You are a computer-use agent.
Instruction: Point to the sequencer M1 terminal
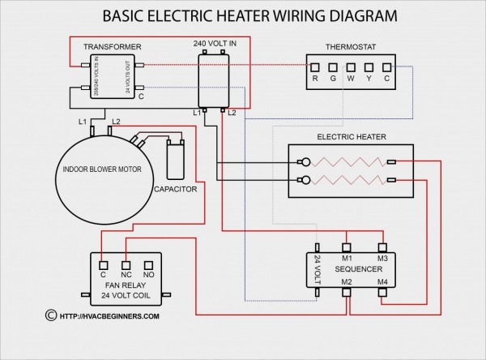pos(346,246)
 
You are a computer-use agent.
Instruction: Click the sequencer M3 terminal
pos(382,246)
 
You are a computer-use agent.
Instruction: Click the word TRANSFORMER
pos(112,47)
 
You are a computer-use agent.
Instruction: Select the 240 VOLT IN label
pos(215,41)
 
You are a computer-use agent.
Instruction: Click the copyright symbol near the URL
pos(52,315)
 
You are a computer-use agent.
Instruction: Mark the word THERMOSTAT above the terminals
pos(350,46)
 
